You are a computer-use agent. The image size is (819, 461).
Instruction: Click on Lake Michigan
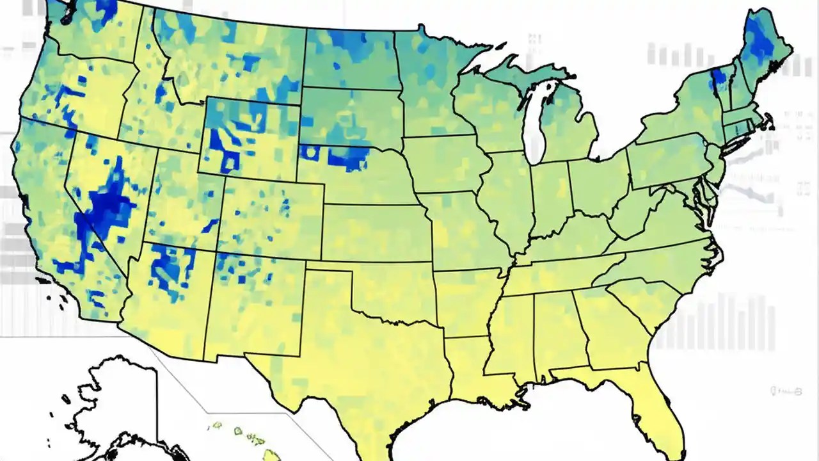tap(535, 125)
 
